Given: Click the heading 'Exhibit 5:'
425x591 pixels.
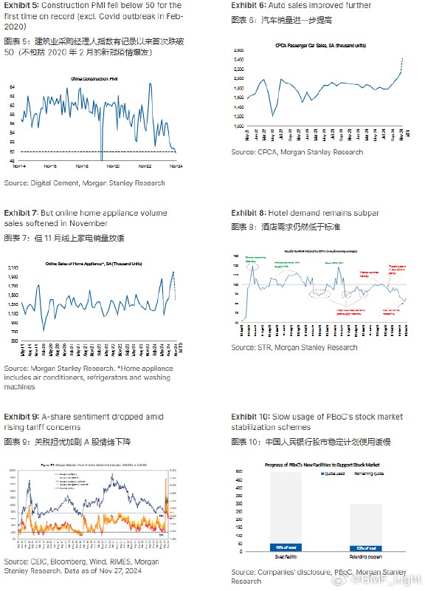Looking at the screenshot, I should pos(21,5).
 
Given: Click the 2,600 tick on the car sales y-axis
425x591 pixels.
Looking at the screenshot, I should pos(238,50).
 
